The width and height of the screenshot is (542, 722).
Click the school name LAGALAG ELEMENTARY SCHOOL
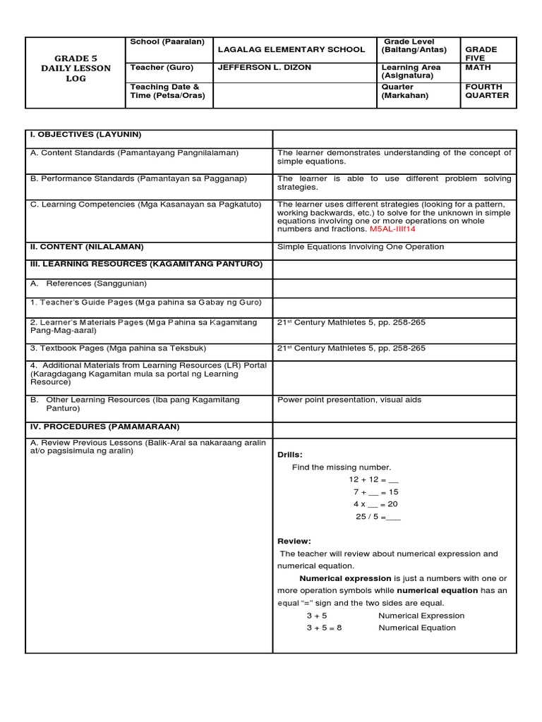tap(291, 49)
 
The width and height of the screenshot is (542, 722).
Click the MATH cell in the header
tap(477, 68)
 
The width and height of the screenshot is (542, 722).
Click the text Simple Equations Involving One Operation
tap(361, 247)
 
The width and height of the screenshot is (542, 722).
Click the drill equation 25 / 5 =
tap(378, 516)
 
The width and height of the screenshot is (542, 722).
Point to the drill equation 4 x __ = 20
tap(375, 504)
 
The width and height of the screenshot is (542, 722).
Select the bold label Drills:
tap(289, 455)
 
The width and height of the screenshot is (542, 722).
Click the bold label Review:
tap(294, 541)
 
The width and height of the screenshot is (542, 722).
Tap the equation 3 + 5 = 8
tap(324, 628)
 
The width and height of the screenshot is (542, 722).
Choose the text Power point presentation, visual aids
tap(349, 400)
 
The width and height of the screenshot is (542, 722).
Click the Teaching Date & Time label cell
tap(167, 92)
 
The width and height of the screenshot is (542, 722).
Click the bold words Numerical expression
tap(345, 578)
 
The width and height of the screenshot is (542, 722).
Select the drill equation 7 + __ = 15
tap(375, 491)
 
